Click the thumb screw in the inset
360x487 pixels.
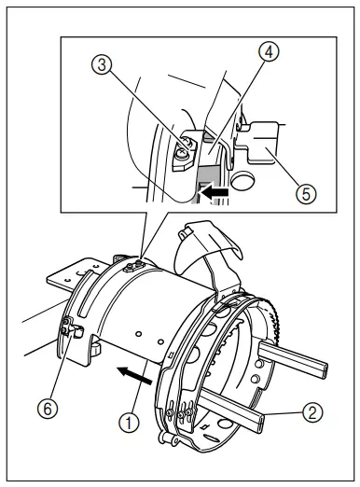coord(185,143)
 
